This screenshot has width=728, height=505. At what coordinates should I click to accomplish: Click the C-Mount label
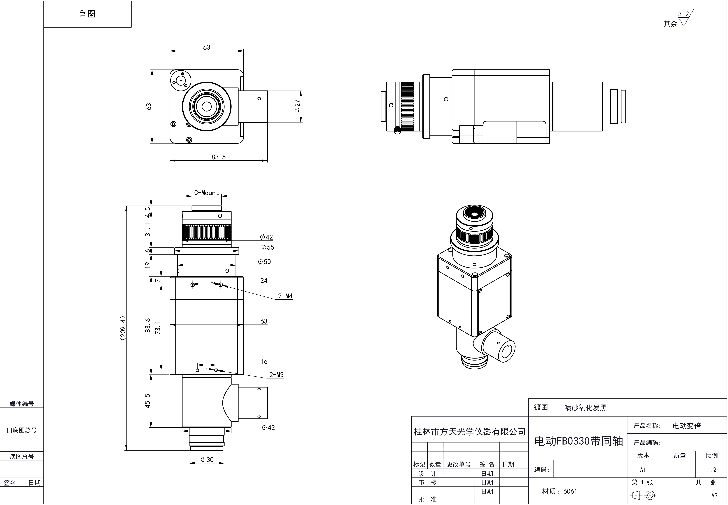click(206, 193)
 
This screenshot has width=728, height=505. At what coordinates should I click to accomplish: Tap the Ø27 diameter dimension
click(297, 106)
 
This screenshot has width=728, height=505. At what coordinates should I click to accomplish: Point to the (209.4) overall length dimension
click(123, 328)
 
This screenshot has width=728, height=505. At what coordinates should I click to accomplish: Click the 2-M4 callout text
click(285, 296)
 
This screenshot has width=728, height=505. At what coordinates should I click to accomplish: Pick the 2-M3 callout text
click(276, 375)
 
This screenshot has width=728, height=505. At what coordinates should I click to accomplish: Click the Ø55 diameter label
click(268, 247)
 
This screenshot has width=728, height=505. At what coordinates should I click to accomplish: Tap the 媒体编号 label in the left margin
click(22, 404)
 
